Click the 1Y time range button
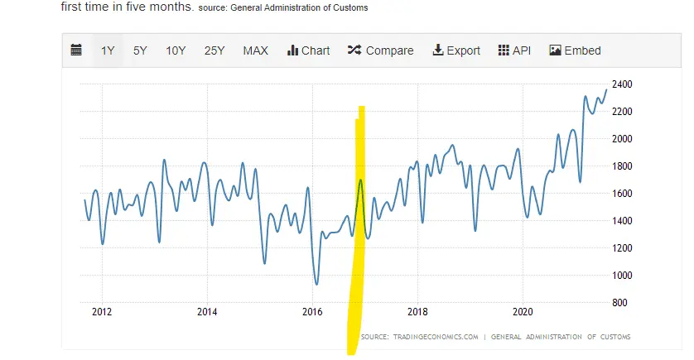108,50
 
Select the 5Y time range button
140,50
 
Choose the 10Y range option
176,50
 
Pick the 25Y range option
214,50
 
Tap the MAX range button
255,50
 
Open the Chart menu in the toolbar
308,50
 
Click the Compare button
380,50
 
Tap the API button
514,50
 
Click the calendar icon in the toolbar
76,50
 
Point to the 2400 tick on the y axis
622,84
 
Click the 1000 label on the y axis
622,276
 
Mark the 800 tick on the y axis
620,303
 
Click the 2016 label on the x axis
312,312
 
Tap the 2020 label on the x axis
523,312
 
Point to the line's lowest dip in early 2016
316,284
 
